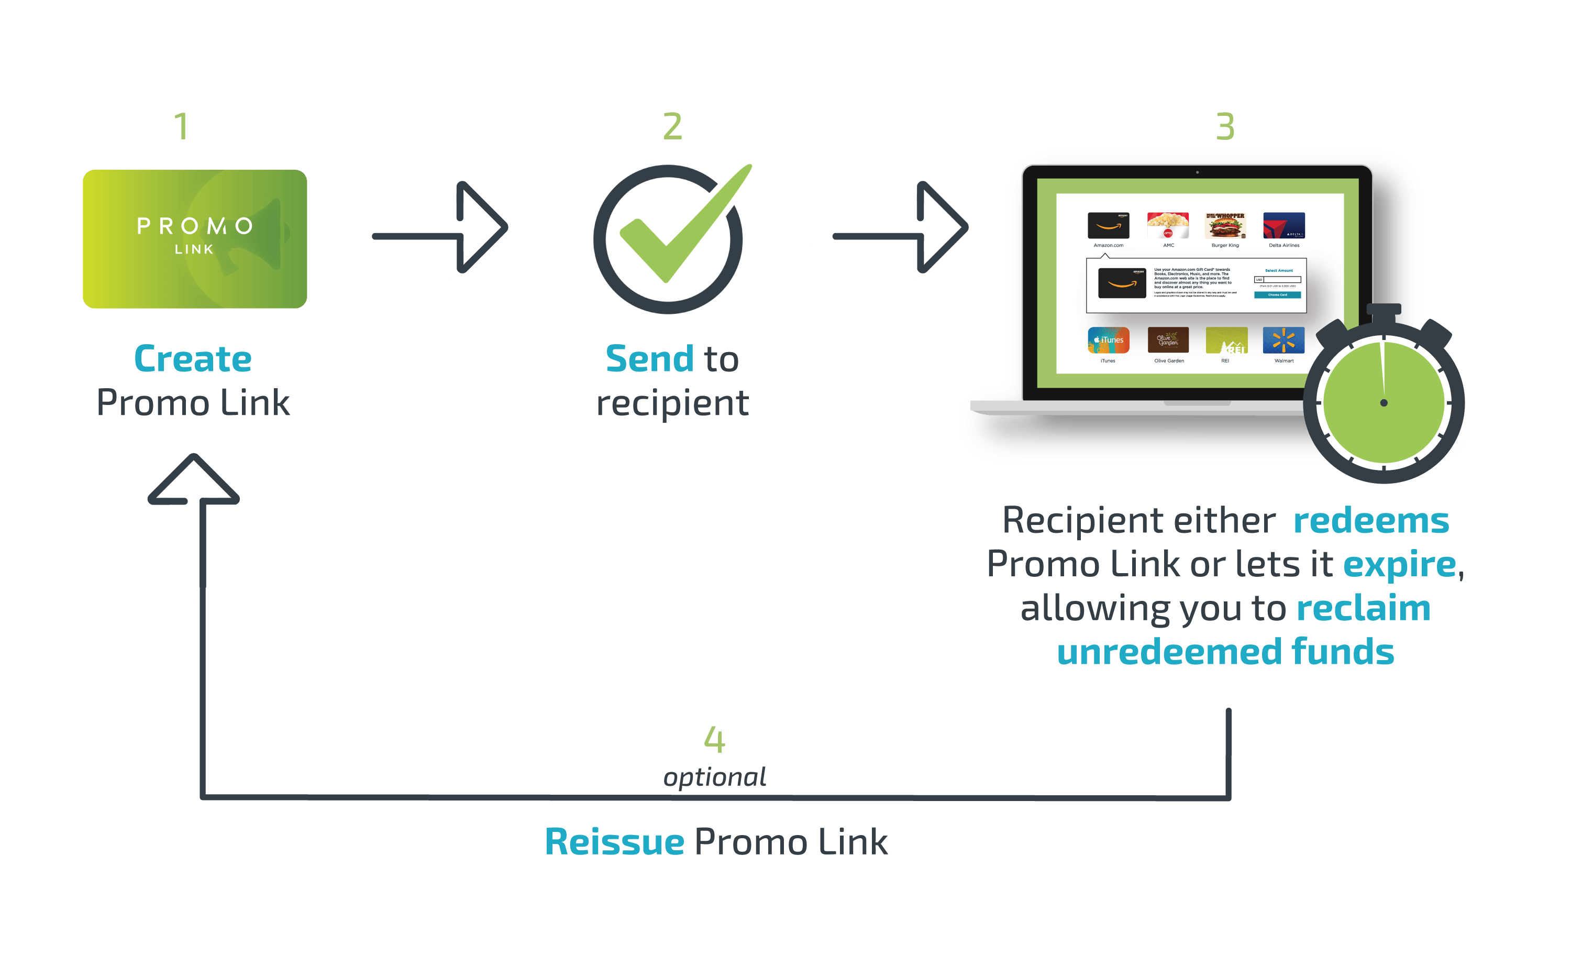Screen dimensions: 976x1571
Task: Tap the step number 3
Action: point(1225,127)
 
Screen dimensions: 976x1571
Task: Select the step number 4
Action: point(714,739)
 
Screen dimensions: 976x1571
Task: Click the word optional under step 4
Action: point(715,777)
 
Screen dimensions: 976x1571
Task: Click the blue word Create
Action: point(192,359)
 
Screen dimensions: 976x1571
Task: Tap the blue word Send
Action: point(649,359)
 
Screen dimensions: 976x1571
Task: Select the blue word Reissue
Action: point(614,842)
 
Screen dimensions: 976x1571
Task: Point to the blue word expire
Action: point(1399,565)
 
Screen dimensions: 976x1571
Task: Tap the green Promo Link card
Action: point(195,239)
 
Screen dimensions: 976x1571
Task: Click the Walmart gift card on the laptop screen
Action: point(1284,340)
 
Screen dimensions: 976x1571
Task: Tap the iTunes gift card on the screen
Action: point(1108,340)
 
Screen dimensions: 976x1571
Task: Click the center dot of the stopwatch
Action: point(1383,403)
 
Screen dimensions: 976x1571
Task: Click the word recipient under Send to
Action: point(672,403)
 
